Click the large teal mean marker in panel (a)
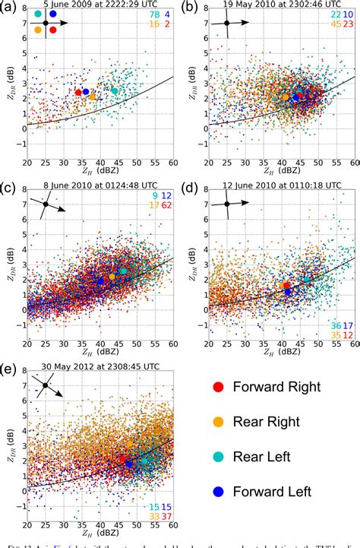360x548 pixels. (x=115, y=90)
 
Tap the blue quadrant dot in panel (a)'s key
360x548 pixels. (x=52, y=14)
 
